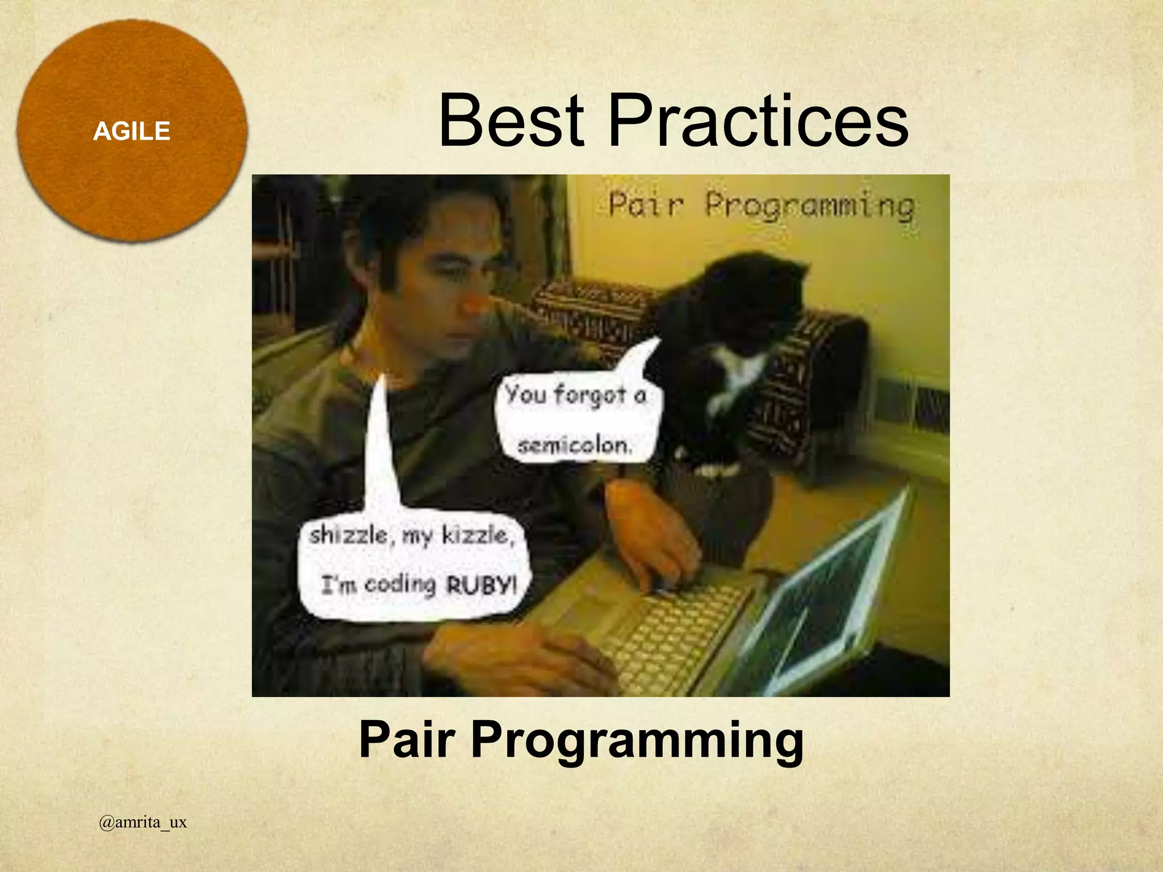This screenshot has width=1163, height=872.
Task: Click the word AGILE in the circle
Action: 132,132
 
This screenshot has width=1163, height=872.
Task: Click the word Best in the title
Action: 511,121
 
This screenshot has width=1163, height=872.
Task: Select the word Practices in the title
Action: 758,121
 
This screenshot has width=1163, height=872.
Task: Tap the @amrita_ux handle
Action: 143,823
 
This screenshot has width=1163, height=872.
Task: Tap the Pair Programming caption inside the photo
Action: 761,206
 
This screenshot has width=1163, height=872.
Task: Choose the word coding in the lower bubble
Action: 400,585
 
